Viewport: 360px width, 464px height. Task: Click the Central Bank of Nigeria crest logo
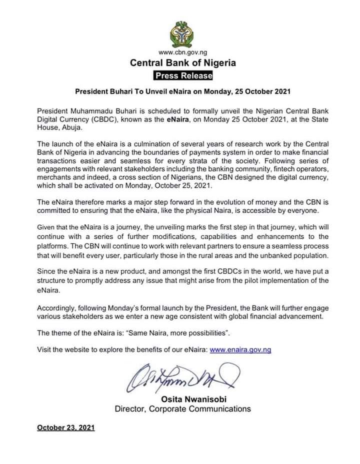point(182,34)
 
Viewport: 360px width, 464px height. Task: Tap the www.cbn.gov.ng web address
point(182,52)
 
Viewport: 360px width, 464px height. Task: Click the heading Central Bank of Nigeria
point(182,63)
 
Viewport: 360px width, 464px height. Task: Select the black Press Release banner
point(182,76)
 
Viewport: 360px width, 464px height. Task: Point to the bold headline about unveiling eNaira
point(182,92)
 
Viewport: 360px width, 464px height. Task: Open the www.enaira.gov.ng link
point(240,350)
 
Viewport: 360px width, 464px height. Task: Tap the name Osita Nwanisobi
point(183,399)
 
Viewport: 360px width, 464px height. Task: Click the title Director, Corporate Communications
point(183,409)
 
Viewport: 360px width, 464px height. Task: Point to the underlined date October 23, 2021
point(66,428)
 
